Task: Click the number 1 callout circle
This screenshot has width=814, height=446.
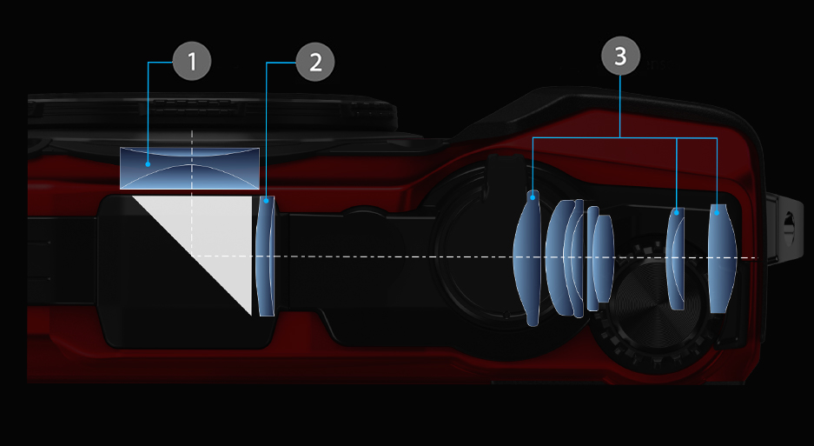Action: pos(192,62)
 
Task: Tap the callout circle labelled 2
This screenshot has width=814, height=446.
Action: pos(315,62)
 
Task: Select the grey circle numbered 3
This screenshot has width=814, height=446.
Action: pos(620,56)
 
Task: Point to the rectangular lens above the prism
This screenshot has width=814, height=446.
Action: pos(189,168)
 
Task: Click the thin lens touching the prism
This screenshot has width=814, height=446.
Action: pos(265,256)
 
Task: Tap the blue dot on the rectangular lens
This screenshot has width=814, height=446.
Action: pos(148,164)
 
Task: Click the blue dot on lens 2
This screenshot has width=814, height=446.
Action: pos(267,200)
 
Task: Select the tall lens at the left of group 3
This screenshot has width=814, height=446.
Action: pos(527,258)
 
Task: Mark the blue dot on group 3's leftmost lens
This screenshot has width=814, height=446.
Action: pos(533,197)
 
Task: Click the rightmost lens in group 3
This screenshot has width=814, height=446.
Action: pos(722,258)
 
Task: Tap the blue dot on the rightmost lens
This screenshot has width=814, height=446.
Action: pos(717,212)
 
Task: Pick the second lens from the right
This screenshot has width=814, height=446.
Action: pos(675,258)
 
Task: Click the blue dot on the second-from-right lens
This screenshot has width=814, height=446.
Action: pos(677,212)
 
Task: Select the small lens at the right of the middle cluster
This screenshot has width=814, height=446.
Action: pos(604,258)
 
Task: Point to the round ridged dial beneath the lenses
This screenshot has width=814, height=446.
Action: pos(651,304)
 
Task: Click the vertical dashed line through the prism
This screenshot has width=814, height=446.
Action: pos(192,193)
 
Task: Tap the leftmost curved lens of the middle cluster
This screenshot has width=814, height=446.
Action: pos(557,258)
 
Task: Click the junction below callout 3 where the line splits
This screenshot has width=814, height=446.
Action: pos(620,137)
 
